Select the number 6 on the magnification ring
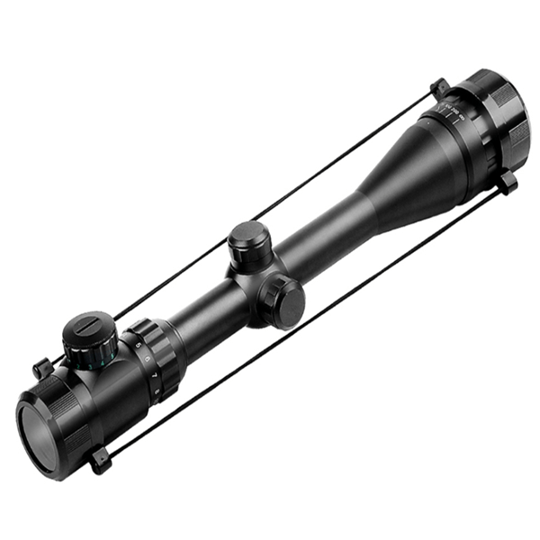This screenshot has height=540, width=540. pos(147,358)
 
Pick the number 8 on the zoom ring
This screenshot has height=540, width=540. pos(159,390)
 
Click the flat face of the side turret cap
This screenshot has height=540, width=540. pos(286,301)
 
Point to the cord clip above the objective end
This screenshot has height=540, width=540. pos(439,87)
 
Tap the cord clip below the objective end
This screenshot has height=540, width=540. pos(508,184)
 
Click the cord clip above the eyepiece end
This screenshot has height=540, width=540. pos(41,367)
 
